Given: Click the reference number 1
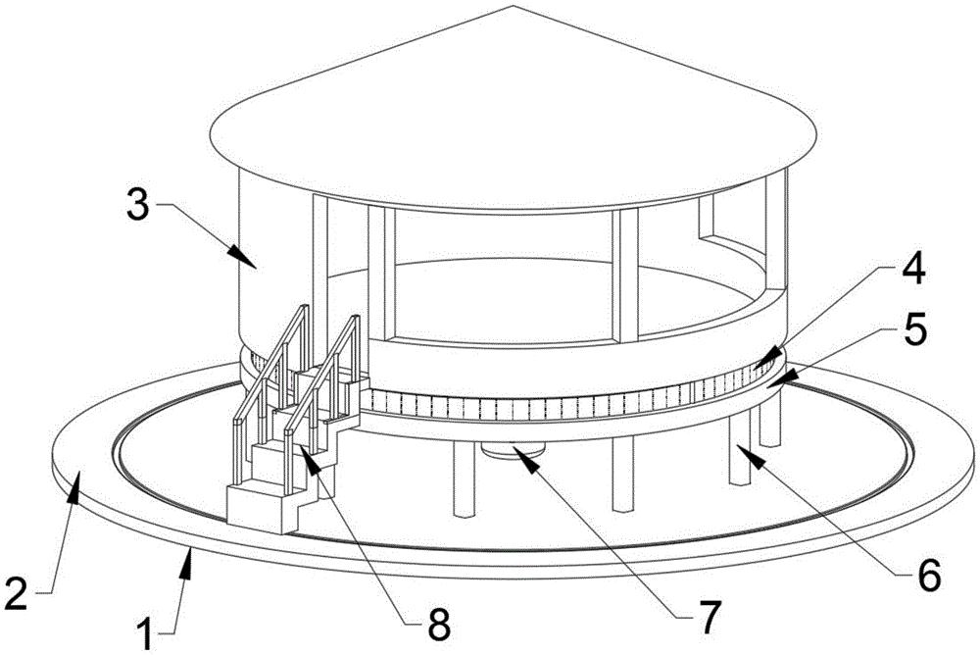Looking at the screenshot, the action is [145, 634].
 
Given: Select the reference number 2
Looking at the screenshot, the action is [17, 594].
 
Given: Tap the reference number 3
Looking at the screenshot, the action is [137, 205].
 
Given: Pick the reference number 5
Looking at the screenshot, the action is [914, 329].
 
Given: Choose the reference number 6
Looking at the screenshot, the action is [928, 575].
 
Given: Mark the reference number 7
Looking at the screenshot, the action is [709, 617].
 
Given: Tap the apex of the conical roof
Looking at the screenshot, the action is [514, 6].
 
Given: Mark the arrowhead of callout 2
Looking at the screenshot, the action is [75, 484].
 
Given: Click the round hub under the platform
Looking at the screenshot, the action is [514, 450].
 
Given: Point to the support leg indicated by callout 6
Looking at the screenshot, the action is [739, 450].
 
